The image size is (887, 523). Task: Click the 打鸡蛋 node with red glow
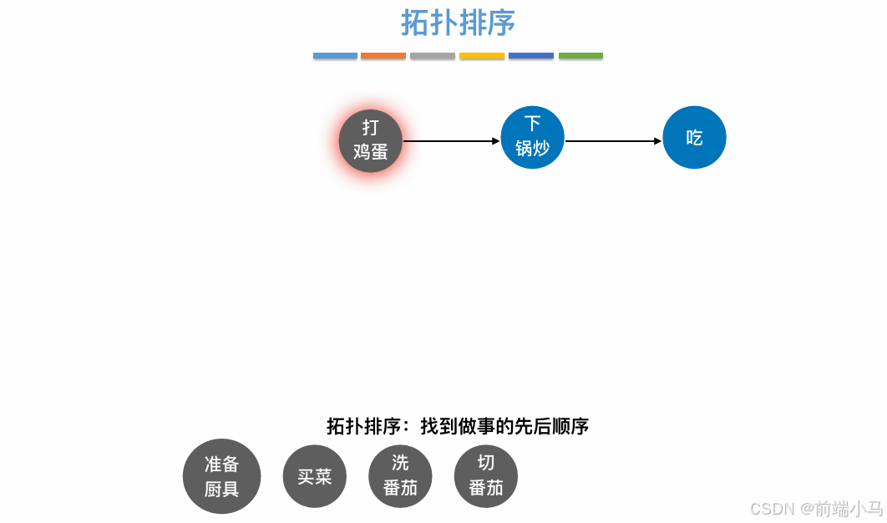pos(371,140)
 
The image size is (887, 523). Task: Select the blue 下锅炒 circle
pos(533,138)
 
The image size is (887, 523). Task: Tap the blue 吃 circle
pos(694,138)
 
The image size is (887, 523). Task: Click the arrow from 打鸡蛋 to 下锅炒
pos(451,141)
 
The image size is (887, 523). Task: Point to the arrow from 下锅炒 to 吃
pos(613,141)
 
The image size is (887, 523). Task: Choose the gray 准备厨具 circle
pos(221,477)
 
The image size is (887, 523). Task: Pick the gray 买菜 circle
pos(314,477)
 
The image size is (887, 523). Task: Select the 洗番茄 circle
pos(400,476)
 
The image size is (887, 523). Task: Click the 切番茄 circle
pos(486,476)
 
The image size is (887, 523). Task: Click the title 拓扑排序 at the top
pos(458,23)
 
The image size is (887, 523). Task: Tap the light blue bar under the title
pos(335,56)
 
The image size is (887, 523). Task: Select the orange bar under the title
pos(383,56)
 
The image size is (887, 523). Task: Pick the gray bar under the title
pos(433,56)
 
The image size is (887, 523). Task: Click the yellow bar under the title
pos(482,56)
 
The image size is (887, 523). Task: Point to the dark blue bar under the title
pos(531,56)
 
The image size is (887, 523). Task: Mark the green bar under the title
pos(580,56)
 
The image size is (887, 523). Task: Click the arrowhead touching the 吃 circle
pos(657,141)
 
